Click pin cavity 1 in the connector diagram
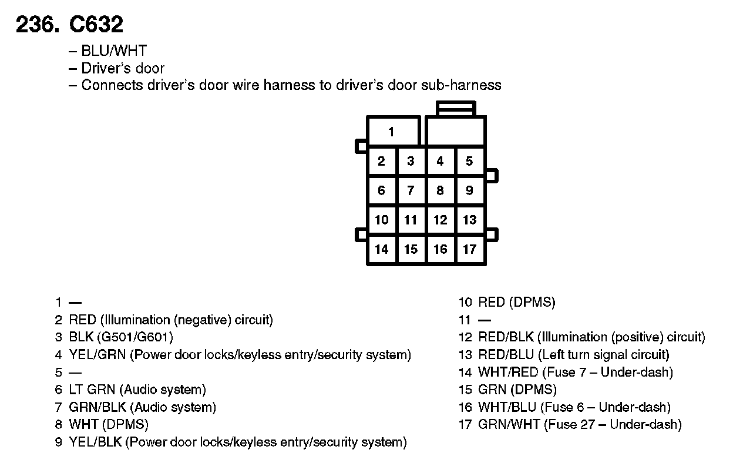coord(392,132)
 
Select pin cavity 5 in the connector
coord(469,161)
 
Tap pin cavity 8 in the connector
coord(440,190)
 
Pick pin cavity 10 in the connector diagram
coord(382,220)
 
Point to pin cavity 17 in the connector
coord(469,249)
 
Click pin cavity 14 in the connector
coord(382,249)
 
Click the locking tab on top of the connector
coord(456,108)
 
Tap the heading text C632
coord(96,25)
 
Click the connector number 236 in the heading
coord(36,25)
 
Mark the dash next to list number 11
coord(484,320)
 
